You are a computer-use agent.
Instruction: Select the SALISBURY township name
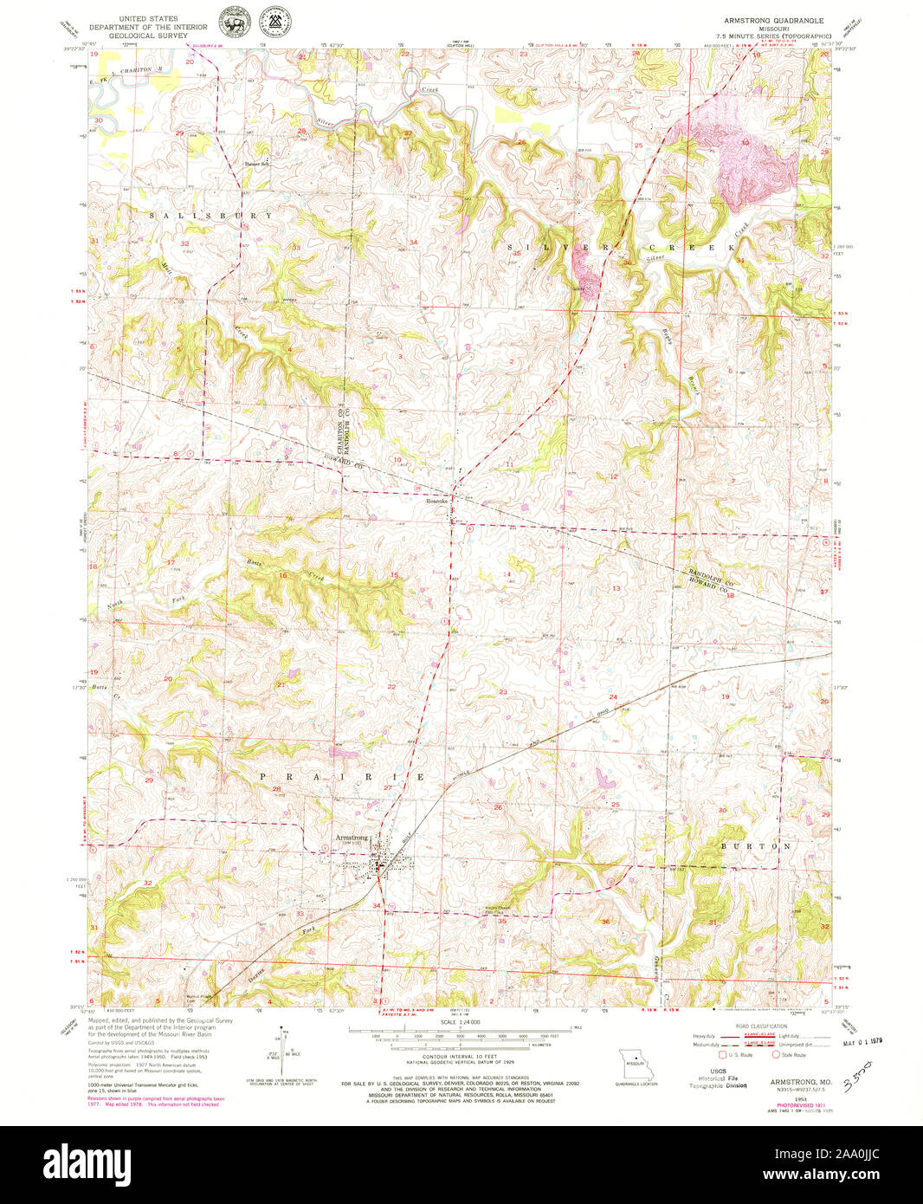pyautogui.click(x=210, y=215)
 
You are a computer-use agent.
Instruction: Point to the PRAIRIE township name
pyautogui.click(x=343, y=777)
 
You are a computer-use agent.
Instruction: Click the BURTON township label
pyautogui.click(x=755, y=844)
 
